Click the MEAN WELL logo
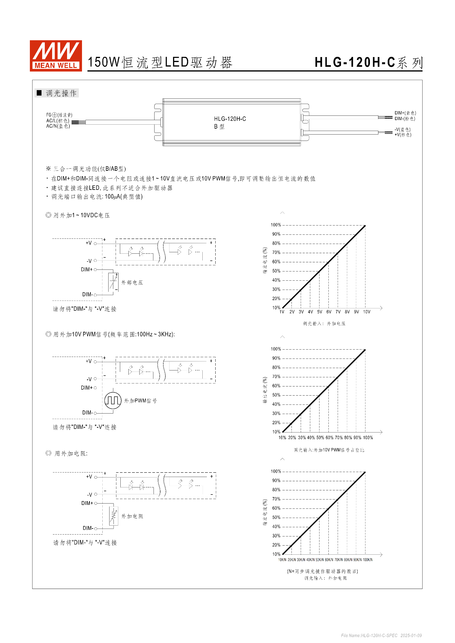point(56,56)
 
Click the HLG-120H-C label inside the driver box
point(230,119)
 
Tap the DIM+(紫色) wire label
point(405,113)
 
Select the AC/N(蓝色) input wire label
point(58,126)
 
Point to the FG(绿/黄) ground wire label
point(59,115)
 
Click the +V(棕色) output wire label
point(403,135)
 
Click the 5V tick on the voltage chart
point(319,312)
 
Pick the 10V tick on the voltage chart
point(366,312)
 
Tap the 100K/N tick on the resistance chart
point(368,560)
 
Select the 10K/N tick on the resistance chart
point(282,560)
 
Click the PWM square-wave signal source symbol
point(113,400)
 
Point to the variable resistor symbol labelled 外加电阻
point(114,516)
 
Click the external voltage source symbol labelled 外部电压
point(114,282)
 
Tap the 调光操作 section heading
point(61,93)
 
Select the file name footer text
point(381,635)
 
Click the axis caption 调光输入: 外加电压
point(324,324)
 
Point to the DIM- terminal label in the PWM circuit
point(87,413)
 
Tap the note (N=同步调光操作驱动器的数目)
point(323,571)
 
